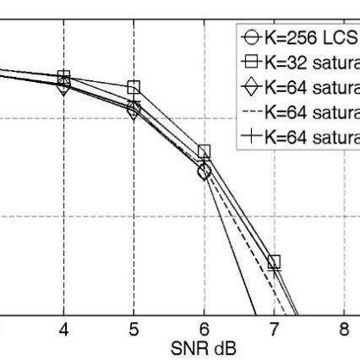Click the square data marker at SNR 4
(x=63, y=77)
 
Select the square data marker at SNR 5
(x=134, y=88)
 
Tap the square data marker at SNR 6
(x=204, y=151)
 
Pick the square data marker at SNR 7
(x=274, y=262)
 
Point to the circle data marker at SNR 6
(x=204, y=172)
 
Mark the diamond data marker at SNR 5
(x=134, y=111)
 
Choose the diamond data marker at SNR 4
(x=63, y=85)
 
